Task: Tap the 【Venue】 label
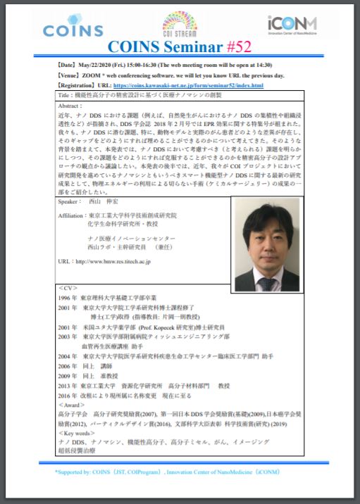coord(70,75)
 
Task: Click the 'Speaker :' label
coord(71,201)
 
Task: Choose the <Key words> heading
coord(75,433)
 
